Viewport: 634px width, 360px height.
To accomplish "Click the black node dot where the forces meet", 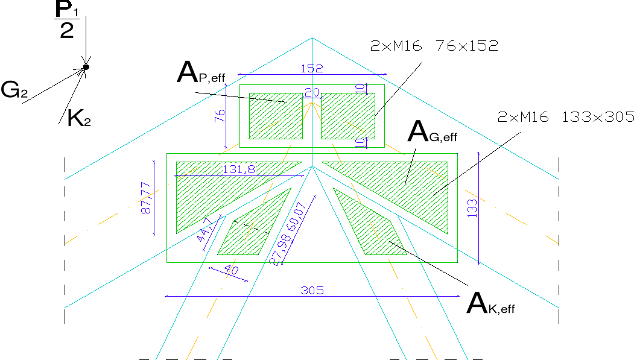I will (x=86, y=67).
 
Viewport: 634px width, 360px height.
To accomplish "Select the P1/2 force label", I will (x=68, y=21).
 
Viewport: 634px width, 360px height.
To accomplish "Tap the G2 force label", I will (x=14, y=90).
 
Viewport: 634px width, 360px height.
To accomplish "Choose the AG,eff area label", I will (x=432, y=132).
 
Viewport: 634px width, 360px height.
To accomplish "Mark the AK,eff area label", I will (x=490, y=303).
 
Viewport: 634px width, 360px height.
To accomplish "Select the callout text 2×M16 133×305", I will (x=566, y=118).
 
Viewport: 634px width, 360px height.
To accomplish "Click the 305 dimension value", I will (x=312, y=291).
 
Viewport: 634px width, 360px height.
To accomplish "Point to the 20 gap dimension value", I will (x=312, y=92).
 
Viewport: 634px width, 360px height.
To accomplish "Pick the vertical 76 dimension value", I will (x=220, y=116).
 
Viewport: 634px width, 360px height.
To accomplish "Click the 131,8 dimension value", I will (x=238, y=170).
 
